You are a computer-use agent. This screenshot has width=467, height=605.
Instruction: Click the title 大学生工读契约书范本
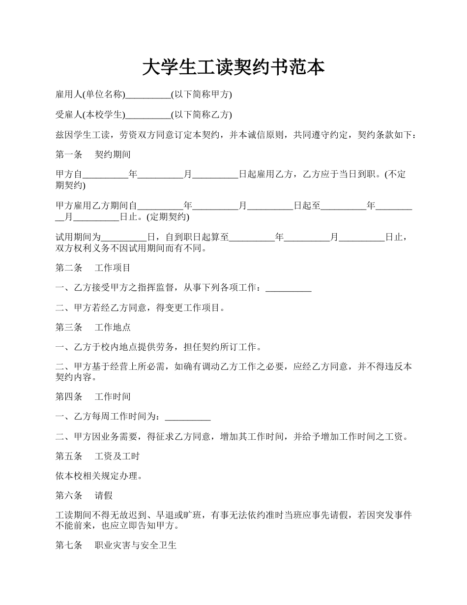pyautogui.click(x=233, y=67)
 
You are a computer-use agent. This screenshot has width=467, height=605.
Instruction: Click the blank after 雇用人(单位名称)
pyautogui.click(x=148, y=95)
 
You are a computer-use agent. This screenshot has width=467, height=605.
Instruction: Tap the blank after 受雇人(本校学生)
pyautogui.click(x=148, y=115)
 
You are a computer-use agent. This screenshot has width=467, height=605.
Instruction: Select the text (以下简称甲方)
pyautogui.click(x=201, y=95)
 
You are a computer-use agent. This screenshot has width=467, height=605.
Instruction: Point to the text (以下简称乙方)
pyautogui.click(x=201, y=115)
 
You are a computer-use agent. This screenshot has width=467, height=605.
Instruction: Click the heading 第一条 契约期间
pyautogui.click(x=93, y=154)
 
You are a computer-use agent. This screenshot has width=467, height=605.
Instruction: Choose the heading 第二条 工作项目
pyautogui.click(x=93, y=268)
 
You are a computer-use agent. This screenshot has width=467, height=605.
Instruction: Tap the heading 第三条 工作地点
pyautogui.click(x=93, y=327)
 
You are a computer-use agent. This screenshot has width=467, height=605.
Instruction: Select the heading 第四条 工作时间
pyautogui.click(x=93, y=396)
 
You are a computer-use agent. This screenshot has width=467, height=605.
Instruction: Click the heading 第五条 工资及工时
pyautogui.click(x=97, y=456)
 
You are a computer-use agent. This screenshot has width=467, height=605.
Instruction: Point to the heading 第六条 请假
pyautogui.click(x=84, y=496)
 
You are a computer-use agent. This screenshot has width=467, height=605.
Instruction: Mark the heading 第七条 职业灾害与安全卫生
pyautogui.click(x=116, y=545)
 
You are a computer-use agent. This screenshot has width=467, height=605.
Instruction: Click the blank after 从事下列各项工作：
pyautogui.click(x=289, y=288)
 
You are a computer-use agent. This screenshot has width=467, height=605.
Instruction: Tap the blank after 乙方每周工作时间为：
pyautogui.click(x=188, y=417)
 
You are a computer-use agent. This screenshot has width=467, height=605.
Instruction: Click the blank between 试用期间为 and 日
pyautogui.click(x=124, y=238)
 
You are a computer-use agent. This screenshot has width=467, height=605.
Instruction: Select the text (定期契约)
pyautogui.click(x=168, y=217)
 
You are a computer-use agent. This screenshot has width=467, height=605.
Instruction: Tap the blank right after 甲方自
pyautogui.click(x=105, y=175)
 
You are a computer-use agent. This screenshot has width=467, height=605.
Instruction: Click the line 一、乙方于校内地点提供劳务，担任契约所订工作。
pyautogui.click(x=158, y=347)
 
